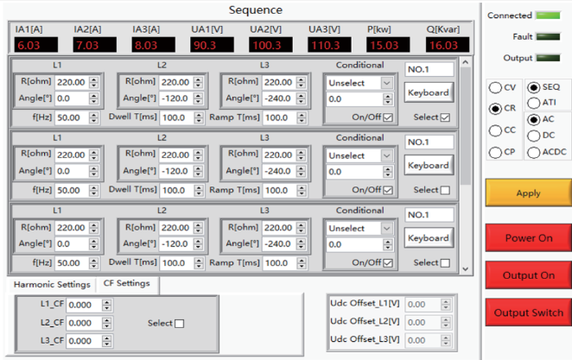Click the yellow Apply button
coord(528,193)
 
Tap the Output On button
coord(528,275)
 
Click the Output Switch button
coord(528,313)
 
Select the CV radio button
coord(495,87)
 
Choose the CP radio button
coord(495,152)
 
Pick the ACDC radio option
coord(534,152)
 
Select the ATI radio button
coord(534,103)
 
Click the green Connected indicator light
coord(548,16)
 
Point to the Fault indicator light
coord(548,36)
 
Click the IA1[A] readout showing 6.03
coord(35,45)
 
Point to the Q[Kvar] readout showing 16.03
coord(448,45)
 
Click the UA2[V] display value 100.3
coord(270,45)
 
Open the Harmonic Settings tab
coord(52,284)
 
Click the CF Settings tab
coord(127,283)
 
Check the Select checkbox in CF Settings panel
coord(179,324)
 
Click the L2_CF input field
coord(85,323)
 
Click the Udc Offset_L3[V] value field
coord(423,340)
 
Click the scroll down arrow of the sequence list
coord(465,268)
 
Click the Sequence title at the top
coord(256,9)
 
